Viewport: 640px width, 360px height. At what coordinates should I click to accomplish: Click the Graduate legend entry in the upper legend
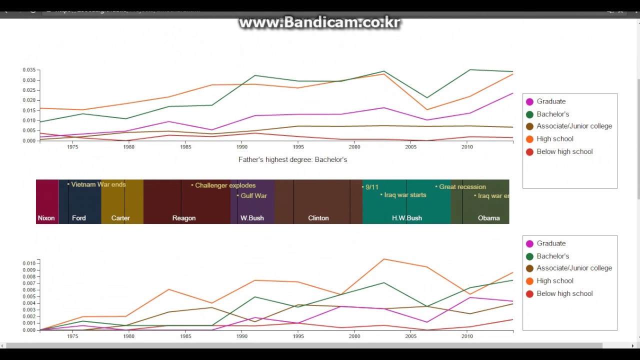click(x=551, y=101)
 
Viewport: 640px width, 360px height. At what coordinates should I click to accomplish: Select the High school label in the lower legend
click(x=554, y=281)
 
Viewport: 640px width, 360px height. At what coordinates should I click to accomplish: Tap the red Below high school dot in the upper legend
click(x=530, y=152)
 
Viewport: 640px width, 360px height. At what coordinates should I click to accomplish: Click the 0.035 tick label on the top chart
click(x=29, y=70)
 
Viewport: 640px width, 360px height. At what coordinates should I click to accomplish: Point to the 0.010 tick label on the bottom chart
click(x=29, y=263)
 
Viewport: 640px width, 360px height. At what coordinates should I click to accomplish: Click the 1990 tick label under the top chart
click(x=242, y=147)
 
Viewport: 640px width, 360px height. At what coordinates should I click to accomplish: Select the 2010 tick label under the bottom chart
click(x=467, y=336)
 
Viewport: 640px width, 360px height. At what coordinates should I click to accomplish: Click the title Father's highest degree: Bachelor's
click(x=292, y=159)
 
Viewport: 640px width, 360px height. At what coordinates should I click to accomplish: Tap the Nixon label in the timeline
click(x=46, y=218)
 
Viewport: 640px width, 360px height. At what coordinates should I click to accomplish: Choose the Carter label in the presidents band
click(x=120, y=218)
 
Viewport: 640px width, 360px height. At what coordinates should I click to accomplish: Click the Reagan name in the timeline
click(x=184, y=218)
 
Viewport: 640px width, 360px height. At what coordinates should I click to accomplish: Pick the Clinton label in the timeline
click(x=318, y=218)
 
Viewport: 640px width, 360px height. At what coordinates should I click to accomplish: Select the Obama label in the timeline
click(x=488, y=218)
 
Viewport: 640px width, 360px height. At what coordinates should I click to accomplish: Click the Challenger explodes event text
click(x=225, y=185)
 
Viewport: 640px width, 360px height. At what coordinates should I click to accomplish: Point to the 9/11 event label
click(x=371, y=187)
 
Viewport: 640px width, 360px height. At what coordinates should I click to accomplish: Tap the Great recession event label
click(x=462, y=187)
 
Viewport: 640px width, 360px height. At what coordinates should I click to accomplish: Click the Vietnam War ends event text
click(x=98, y=184)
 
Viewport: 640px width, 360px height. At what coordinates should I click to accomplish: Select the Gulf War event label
click(x=253, y=196)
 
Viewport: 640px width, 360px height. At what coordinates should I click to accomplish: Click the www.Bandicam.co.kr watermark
click(x=319, y=23)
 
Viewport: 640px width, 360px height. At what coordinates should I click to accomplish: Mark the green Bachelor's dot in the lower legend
click(x=530, y=256)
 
